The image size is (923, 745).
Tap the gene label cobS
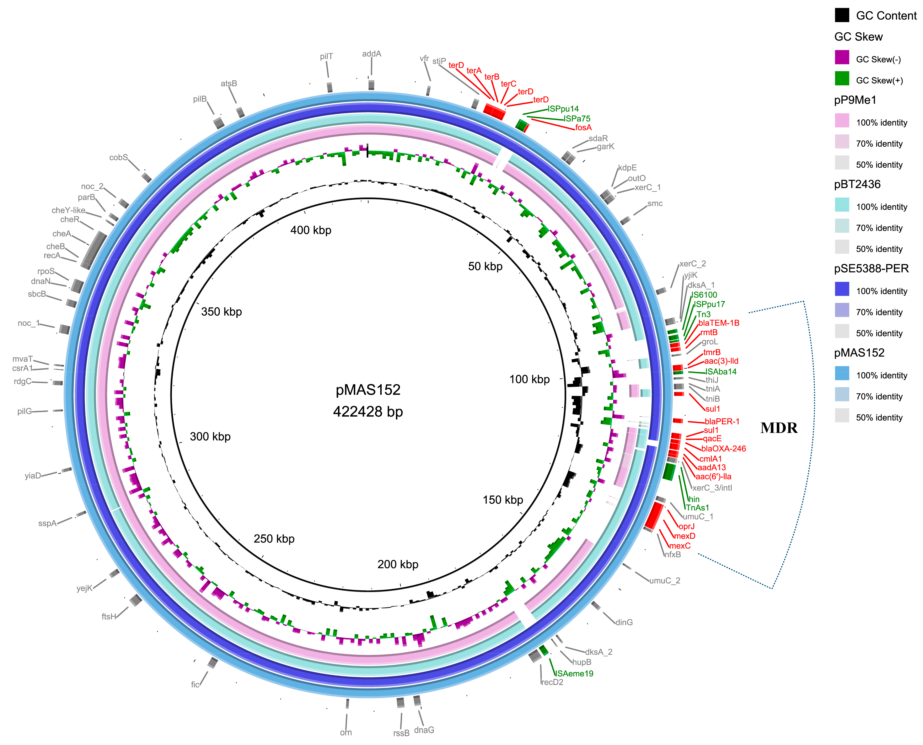[x=118, y=157]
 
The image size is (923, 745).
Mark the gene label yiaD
[x=33, y=475]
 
